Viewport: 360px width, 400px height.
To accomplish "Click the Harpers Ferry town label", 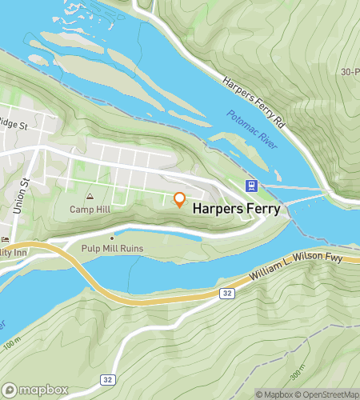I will tap(237, 209).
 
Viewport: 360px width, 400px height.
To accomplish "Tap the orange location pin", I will tap(180, 199).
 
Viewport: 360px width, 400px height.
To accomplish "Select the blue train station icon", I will tap(251, 186).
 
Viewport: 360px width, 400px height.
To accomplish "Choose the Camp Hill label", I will tap(89, 210).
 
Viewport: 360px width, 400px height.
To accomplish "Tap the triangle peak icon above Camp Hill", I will tap(90, 196).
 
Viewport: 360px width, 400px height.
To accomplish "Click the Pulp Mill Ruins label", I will tap(112, 249).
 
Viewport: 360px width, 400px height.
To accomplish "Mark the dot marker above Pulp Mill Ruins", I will tap(112, 237).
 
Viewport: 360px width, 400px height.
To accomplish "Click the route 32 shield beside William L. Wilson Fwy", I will tap(226, 294).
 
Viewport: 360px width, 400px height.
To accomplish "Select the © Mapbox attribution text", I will tap(274, 394).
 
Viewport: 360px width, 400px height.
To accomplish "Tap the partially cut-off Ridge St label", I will tap(14, 126).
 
